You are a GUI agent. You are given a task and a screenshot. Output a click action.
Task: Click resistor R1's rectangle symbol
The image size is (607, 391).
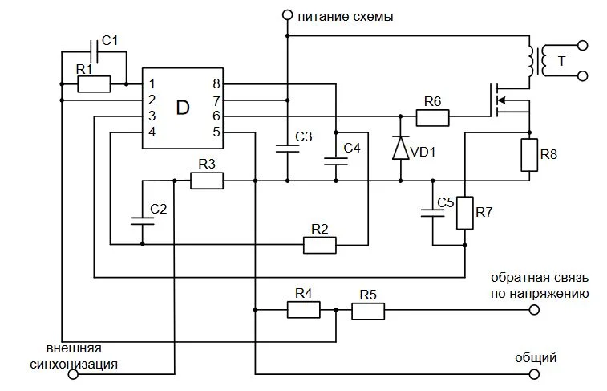click(94, 83)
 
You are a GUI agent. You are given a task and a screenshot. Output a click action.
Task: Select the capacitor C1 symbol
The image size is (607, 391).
click(95, 52)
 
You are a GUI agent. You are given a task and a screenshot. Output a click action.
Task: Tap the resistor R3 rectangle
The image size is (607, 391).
click(207, 181)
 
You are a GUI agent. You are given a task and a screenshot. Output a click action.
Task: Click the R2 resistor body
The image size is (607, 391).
click(320, 245)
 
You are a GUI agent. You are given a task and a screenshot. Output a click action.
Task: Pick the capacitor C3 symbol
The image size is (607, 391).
click(286, 148)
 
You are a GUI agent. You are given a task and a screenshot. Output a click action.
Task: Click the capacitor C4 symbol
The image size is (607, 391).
click(335, 161)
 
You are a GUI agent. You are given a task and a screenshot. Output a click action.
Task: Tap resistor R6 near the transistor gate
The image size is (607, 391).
click(432, 117)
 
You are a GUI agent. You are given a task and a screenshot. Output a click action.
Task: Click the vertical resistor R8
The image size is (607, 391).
click(528, 155)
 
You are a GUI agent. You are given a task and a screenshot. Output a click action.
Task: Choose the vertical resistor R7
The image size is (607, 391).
click(464, 213)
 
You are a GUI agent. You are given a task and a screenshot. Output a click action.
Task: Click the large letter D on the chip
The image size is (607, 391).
click(183, 108)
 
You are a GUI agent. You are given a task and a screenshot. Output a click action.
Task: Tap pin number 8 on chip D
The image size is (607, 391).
click(216, 83)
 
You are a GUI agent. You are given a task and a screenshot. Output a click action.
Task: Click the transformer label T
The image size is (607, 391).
click(561, 61)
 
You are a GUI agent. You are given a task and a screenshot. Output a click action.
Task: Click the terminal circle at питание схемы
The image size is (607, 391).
click(286, 14)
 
